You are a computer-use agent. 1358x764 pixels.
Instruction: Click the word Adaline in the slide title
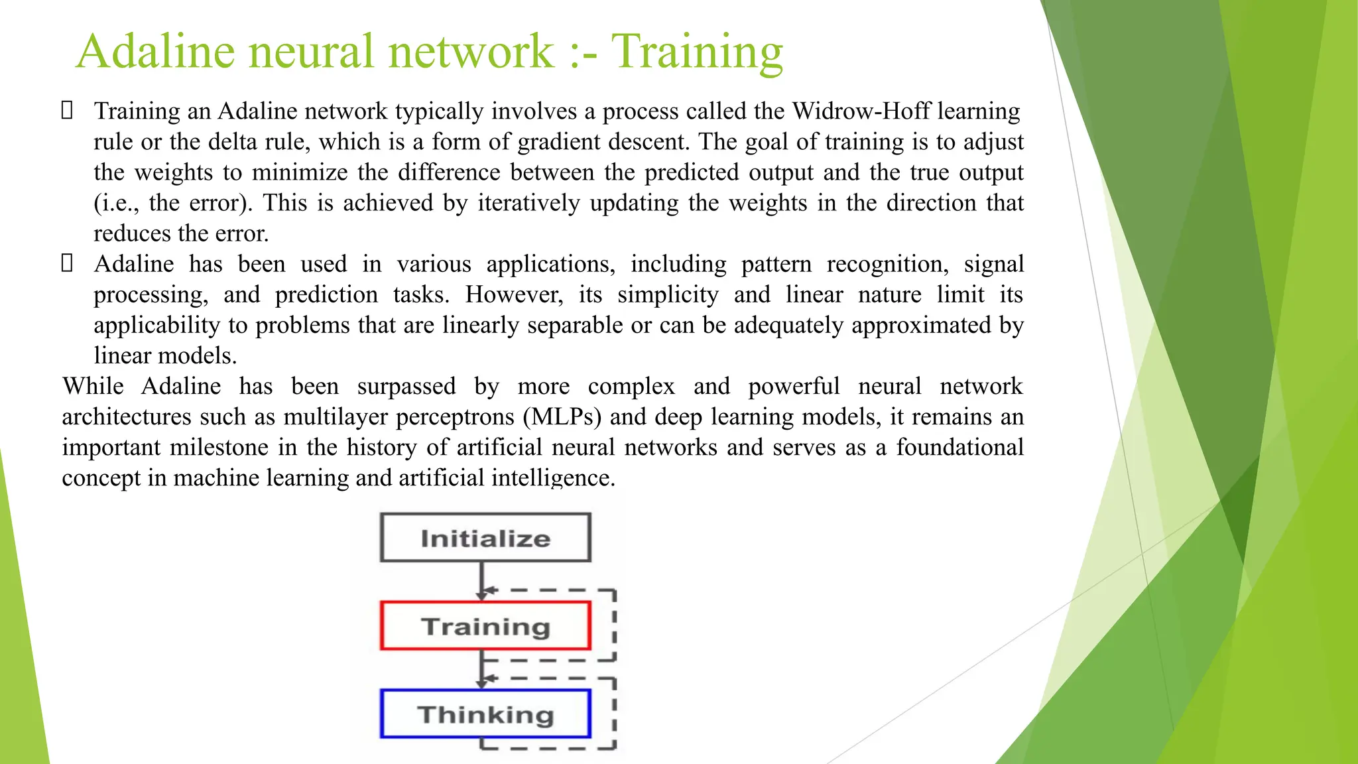pos(155,52)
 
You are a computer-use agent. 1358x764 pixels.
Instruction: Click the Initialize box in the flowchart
pos(485,538)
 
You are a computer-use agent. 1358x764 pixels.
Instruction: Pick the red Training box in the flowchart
pos(485,626)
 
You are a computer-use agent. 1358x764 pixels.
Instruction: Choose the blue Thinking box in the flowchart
pos(485,714)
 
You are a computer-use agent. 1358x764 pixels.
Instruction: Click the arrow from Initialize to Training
pos(481,580)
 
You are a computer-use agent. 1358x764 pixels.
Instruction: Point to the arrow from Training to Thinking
pos(481,668)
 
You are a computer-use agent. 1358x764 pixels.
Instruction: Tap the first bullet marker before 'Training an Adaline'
pos(67,111)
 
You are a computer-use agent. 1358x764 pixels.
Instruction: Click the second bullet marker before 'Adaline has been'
pos(67,264)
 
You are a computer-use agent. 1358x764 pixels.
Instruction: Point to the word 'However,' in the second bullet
pos(514,294)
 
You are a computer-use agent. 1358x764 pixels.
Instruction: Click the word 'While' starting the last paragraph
pos(93,386)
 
